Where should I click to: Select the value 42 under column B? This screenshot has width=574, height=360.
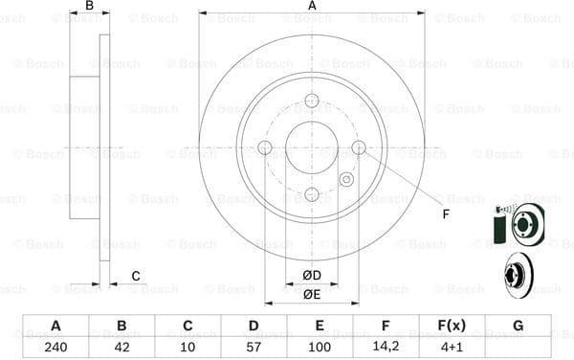point(121,347)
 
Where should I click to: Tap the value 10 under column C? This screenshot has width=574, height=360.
point(188,347)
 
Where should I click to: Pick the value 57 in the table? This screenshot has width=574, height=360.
point(254,347)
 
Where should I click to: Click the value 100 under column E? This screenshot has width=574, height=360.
point(320,347)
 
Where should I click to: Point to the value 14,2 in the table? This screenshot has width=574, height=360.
point(386,347)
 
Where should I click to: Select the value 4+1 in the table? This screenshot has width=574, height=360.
point(452,347)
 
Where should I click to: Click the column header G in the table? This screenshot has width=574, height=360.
point(518,326)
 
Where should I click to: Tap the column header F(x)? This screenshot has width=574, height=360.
point(452,326)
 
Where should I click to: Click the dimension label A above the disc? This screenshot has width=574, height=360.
point(312,6)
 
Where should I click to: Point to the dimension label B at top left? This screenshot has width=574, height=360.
point(89,6)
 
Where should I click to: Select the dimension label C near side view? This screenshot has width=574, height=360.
point(136,276)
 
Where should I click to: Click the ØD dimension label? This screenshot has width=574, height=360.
point(312,276)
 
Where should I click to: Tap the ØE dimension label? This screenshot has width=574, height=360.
point(312,294)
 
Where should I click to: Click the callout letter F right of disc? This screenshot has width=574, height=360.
point(445,214)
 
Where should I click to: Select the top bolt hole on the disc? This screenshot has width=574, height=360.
point(312,101)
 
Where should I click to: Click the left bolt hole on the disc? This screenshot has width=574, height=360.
point(265,147)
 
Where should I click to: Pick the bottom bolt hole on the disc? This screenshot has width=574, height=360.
point(312,194)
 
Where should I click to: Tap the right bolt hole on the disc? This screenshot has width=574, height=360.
point(359,147)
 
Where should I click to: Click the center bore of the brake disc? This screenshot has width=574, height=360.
point(312,147)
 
